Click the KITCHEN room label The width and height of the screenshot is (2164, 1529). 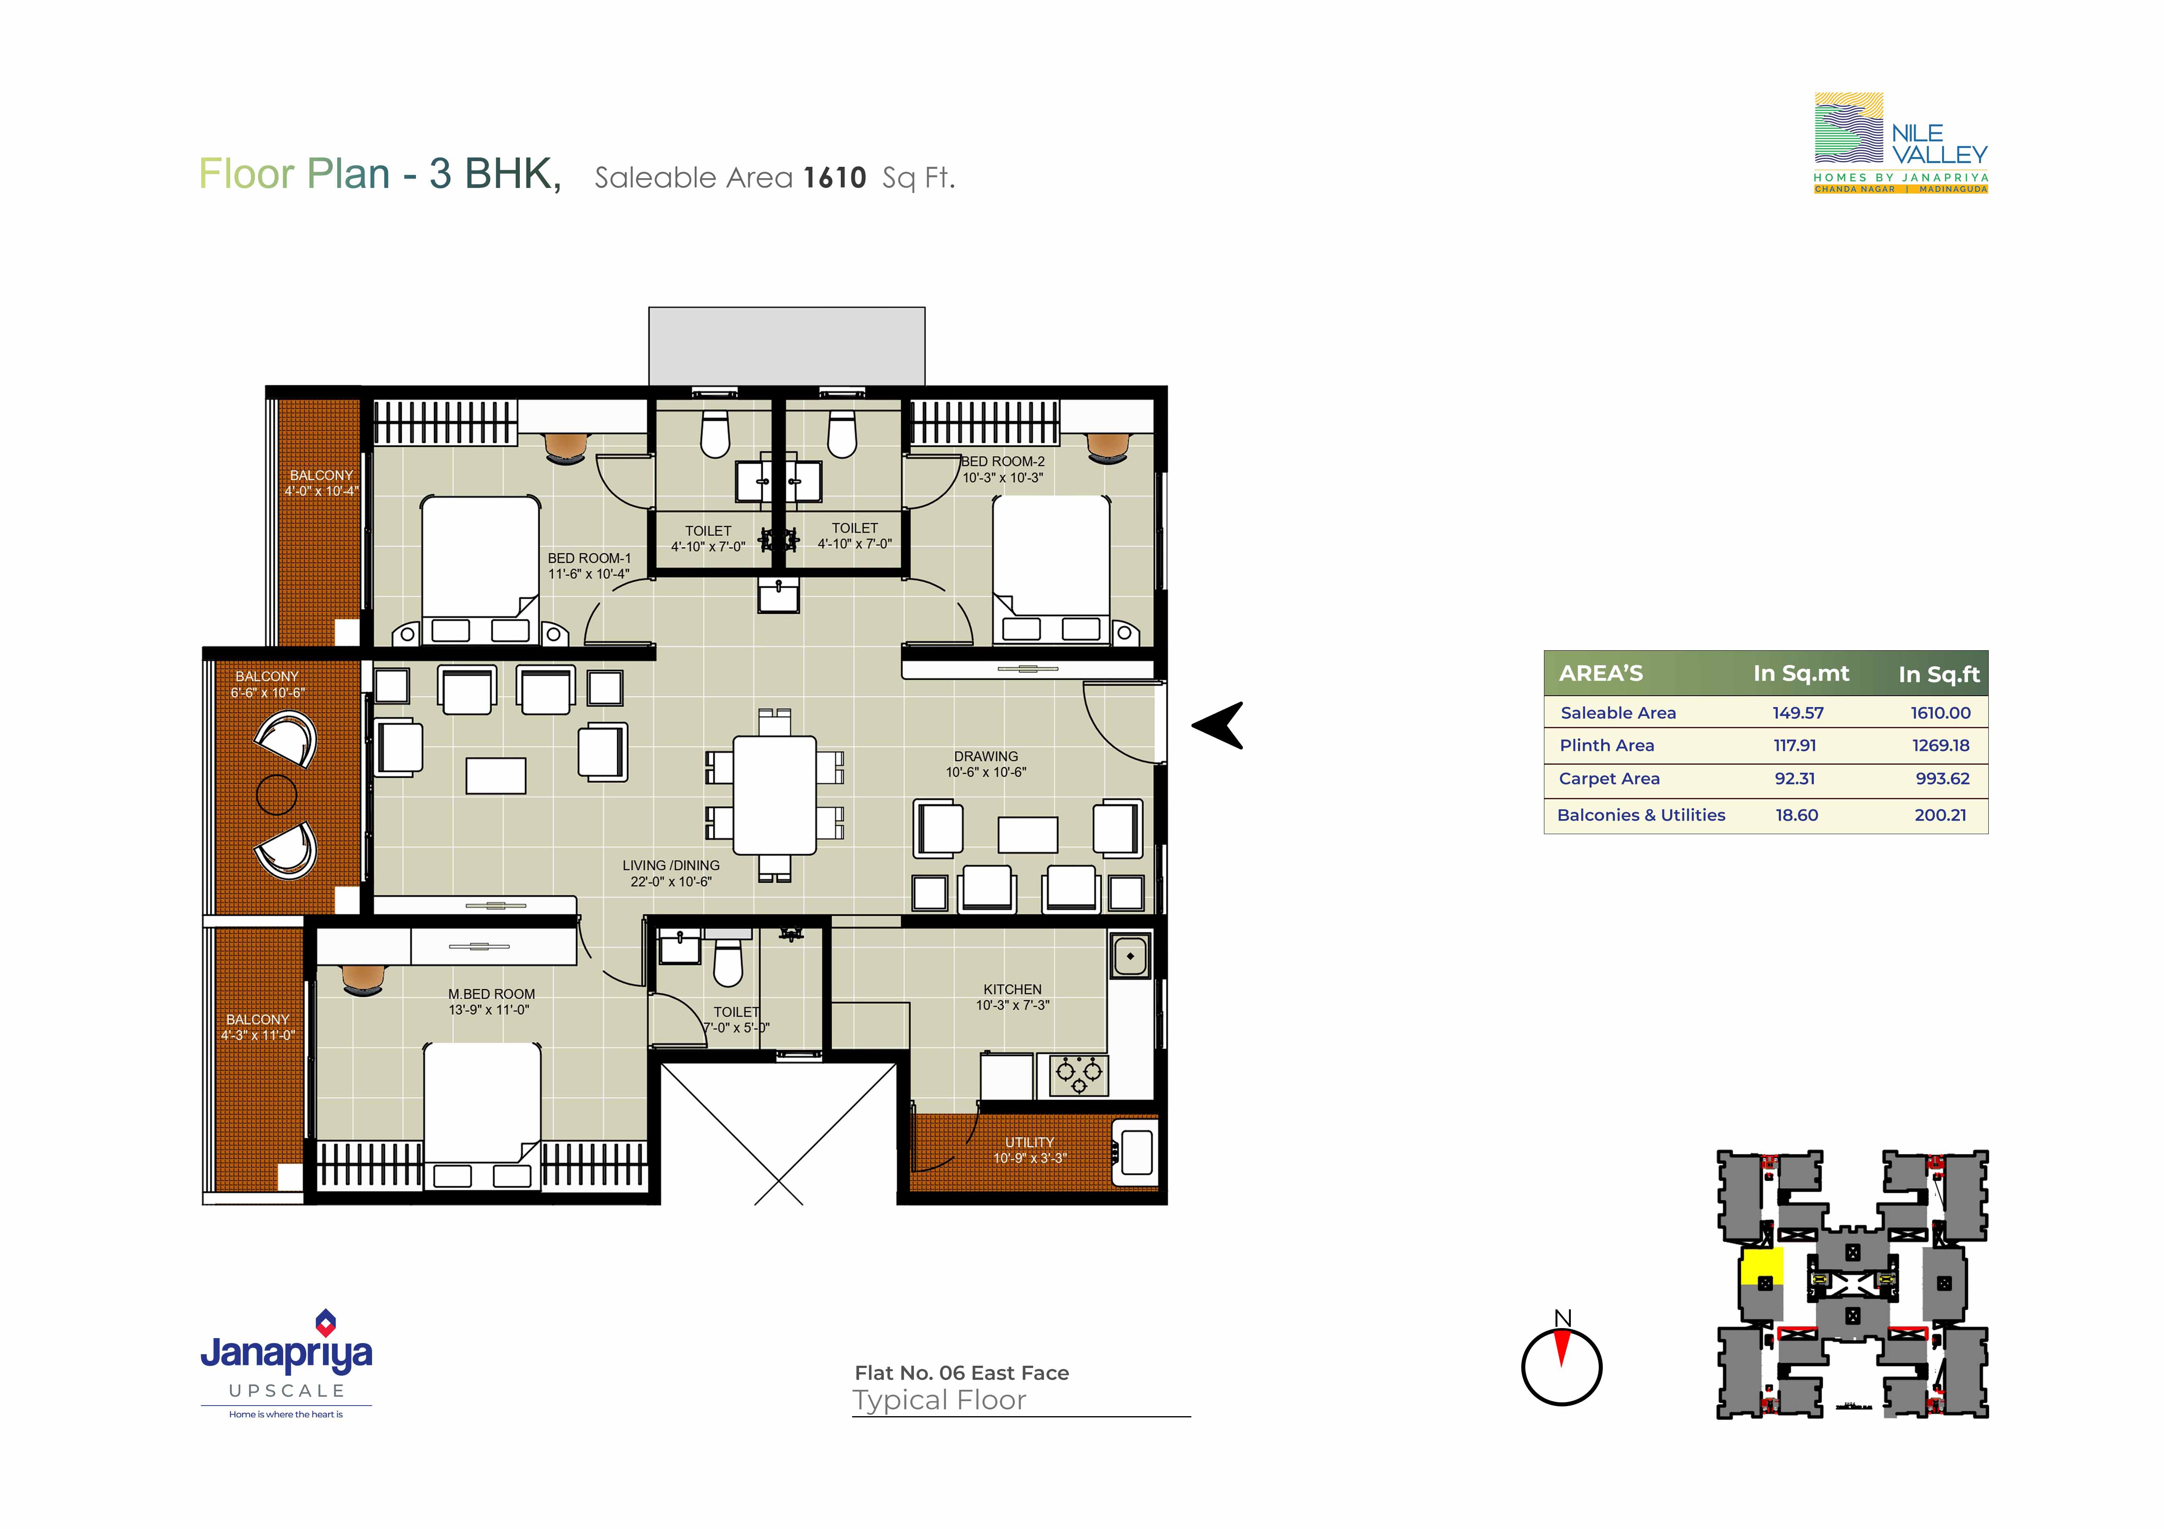tap(1012, 989)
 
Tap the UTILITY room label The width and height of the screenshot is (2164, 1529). tap(1029, 1141)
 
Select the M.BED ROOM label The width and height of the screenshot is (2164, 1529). tap(491, 994)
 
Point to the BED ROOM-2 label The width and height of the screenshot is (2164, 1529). tap(1003, 461)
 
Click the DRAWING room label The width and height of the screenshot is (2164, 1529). tap(986, 756)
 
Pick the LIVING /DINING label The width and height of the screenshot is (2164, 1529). tap(671, 865)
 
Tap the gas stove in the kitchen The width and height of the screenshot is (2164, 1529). tap(1072, 1075)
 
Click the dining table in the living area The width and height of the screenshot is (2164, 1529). tap(775, 795)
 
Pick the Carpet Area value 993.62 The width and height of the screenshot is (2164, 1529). tap(1942, 779)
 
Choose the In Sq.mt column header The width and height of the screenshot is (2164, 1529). tap(1801, 673)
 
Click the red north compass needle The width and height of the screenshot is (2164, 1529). tap(1562, 1349)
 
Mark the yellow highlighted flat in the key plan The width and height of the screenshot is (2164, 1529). tap(1761, 1269)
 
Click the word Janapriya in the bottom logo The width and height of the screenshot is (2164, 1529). tap(286, 1354)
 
